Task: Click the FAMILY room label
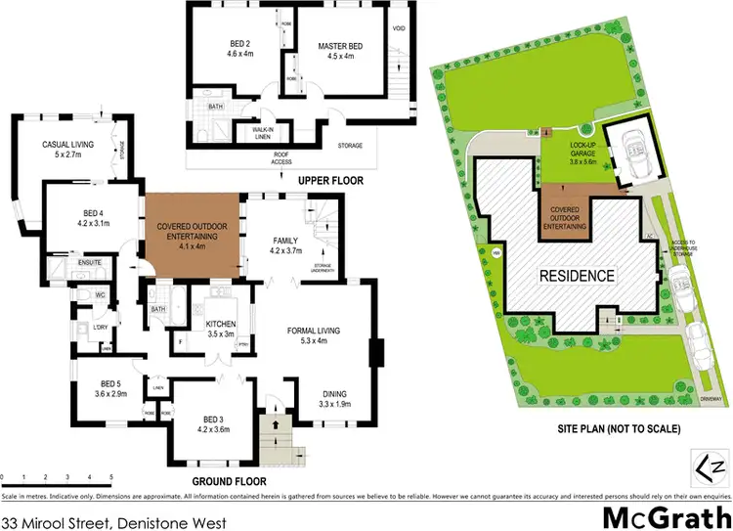[284, 244]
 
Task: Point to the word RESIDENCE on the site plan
[579, 275]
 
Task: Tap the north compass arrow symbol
[711, 459]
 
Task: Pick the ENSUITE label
[90, 262]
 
